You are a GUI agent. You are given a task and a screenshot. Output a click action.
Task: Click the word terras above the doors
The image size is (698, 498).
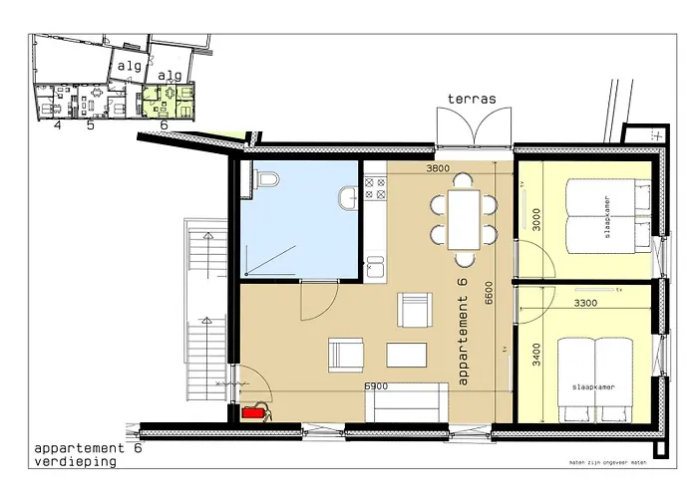coord(472,99)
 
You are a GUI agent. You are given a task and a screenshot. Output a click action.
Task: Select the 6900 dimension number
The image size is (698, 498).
coord(376,384)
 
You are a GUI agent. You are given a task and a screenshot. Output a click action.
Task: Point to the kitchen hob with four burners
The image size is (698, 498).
coord(375,185)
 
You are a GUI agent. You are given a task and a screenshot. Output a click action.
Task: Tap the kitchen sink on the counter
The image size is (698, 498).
coord(375,267)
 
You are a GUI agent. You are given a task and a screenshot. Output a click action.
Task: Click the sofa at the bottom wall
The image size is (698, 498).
coord(407,403)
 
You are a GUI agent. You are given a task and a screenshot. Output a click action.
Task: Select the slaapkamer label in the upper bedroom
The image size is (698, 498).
coord(601,212)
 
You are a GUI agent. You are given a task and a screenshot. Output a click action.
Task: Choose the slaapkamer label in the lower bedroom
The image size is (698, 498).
coord(593,383)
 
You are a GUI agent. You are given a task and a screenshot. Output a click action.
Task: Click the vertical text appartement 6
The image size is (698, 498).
coord(461,331)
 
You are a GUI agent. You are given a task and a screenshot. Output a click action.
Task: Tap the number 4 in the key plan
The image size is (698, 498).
coord(58,124)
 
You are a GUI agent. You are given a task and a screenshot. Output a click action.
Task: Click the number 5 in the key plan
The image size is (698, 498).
coord(90,124)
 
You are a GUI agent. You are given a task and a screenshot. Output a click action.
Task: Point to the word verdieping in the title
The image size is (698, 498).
coord(75,461)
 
